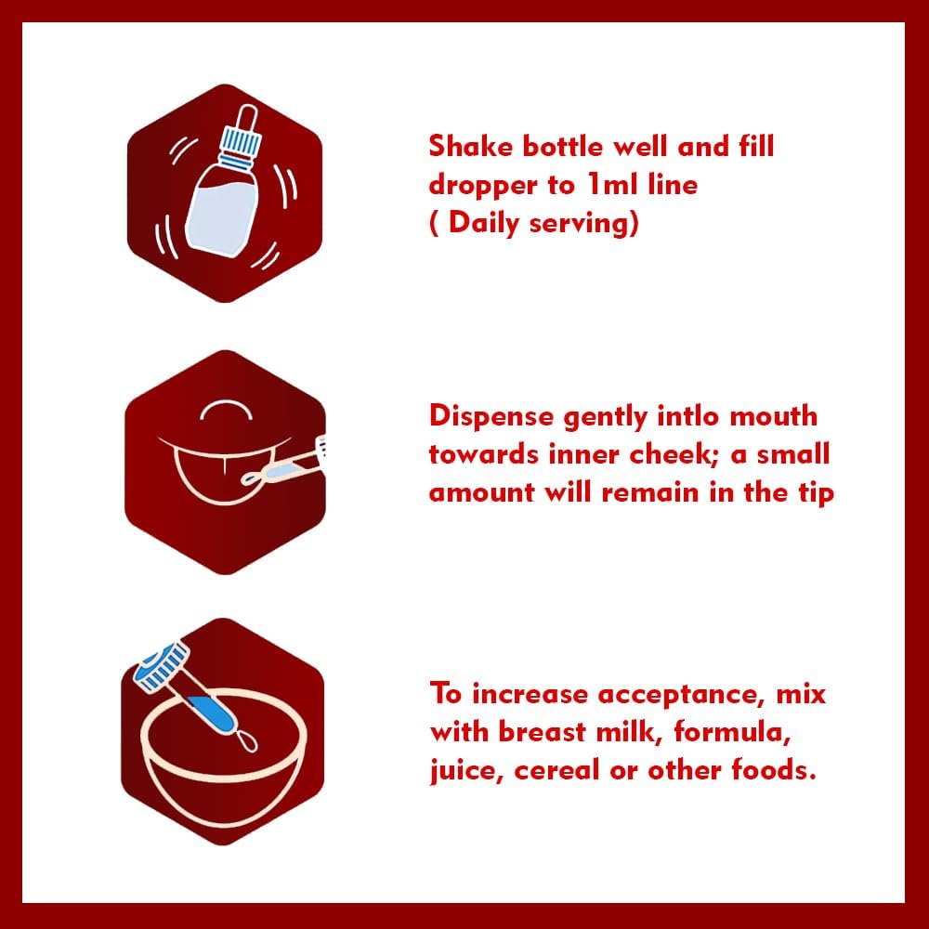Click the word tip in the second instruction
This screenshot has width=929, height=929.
click(814, 492)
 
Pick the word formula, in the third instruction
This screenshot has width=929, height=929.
click(731, 733)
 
